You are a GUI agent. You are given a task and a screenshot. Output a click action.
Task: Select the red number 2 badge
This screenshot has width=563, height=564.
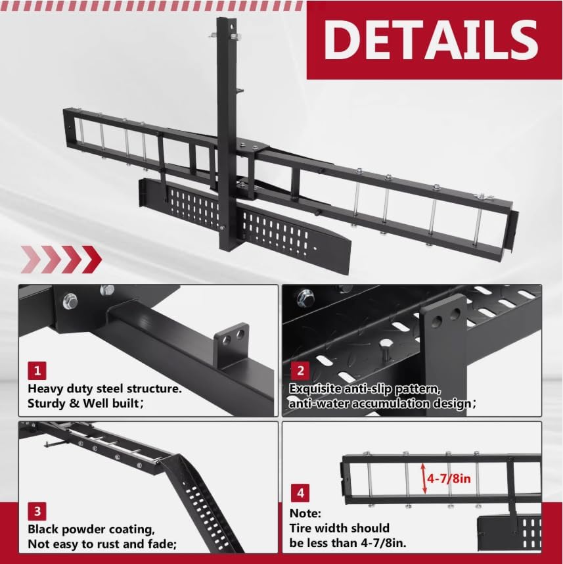300,370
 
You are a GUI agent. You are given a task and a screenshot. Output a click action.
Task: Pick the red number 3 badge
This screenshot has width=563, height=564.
37,510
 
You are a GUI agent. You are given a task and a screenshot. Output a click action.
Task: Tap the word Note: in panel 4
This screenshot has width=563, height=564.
306,513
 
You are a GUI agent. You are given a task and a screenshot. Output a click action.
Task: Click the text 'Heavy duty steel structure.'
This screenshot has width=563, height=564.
104,389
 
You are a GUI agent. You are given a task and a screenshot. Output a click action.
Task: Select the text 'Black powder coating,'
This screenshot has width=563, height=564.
91,529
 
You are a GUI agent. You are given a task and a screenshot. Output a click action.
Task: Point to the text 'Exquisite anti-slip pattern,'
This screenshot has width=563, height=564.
371,388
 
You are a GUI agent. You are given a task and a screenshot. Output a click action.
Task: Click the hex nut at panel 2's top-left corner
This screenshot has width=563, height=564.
304,297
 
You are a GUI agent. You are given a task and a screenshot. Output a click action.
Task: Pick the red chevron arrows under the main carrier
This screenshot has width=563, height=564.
60,258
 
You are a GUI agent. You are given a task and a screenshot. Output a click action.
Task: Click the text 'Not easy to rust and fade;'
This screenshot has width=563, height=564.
102,544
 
